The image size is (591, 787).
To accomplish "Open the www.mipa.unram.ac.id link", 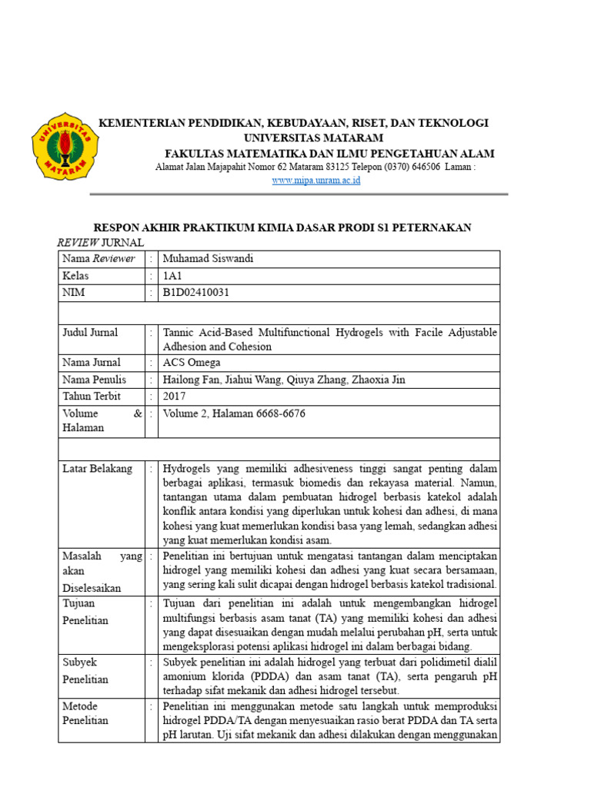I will [x=316, y=181].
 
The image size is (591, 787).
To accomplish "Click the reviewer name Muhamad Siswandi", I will [x=208, y=259].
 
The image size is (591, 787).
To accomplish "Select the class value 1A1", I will [x=173, y=275].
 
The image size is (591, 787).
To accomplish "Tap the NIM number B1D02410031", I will [x=196, y=292].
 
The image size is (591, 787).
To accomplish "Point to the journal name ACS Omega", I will [x=191, y=363].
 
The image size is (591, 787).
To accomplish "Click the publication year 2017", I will [x=175, y=397].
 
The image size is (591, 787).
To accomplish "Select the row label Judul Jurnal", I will [x=90, y=333].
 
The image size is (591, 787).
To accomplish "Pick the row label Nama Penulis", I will [x=94, y=380].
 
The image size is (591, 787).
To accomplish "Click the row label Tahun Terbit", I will [x=92, y=397].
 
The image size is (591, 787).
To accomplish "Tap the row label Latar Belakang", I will [x=97, y=469].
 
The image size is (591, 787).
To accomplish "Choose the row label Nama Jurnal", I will [x=92, y=363].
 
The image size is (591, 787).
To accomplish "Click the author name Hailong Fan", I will [x=190, y=380].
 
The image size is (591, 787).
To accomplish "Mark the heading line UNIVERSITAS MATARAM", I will [x=313, y=138].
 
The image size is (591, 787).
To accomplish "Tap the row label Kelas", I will [x=75, y=275].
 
